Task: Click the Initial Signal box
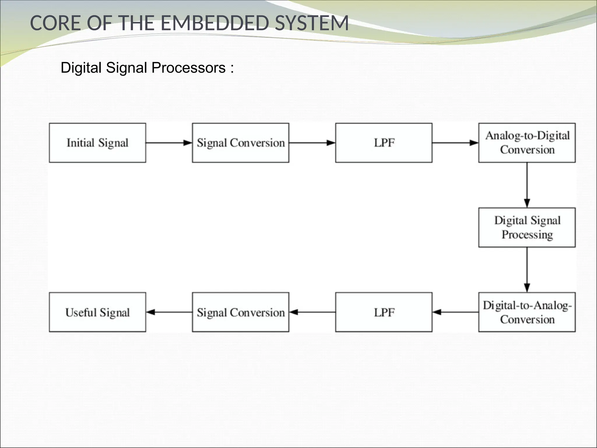97,143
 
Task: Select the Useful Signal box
97,312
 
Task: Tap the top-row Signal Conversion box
240,143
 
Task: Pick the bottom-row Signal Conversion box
240,312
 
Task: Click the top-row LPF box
384,143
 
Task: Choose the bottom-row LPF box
384,312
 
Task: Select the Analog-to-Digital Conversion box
527,143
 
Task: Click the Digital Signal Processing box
527,228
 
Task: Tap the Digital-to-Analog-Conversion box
527,312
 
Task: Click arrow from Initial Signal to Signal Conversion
169,143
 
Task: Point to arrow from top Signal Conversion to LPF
312,143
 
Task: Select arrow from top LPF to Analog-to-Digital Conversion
455,143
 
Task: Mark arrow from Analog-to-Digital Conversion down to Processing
527,185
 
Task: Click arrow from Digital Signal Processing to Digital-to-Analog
527,270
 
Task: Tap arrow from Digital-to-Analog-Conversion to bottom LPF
455,312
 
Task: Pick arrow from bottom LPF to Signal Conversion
312,312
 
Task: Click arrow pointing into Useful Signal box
169,312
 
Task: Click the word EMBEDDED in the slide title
214,23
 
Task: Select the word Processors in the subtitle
189,68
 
